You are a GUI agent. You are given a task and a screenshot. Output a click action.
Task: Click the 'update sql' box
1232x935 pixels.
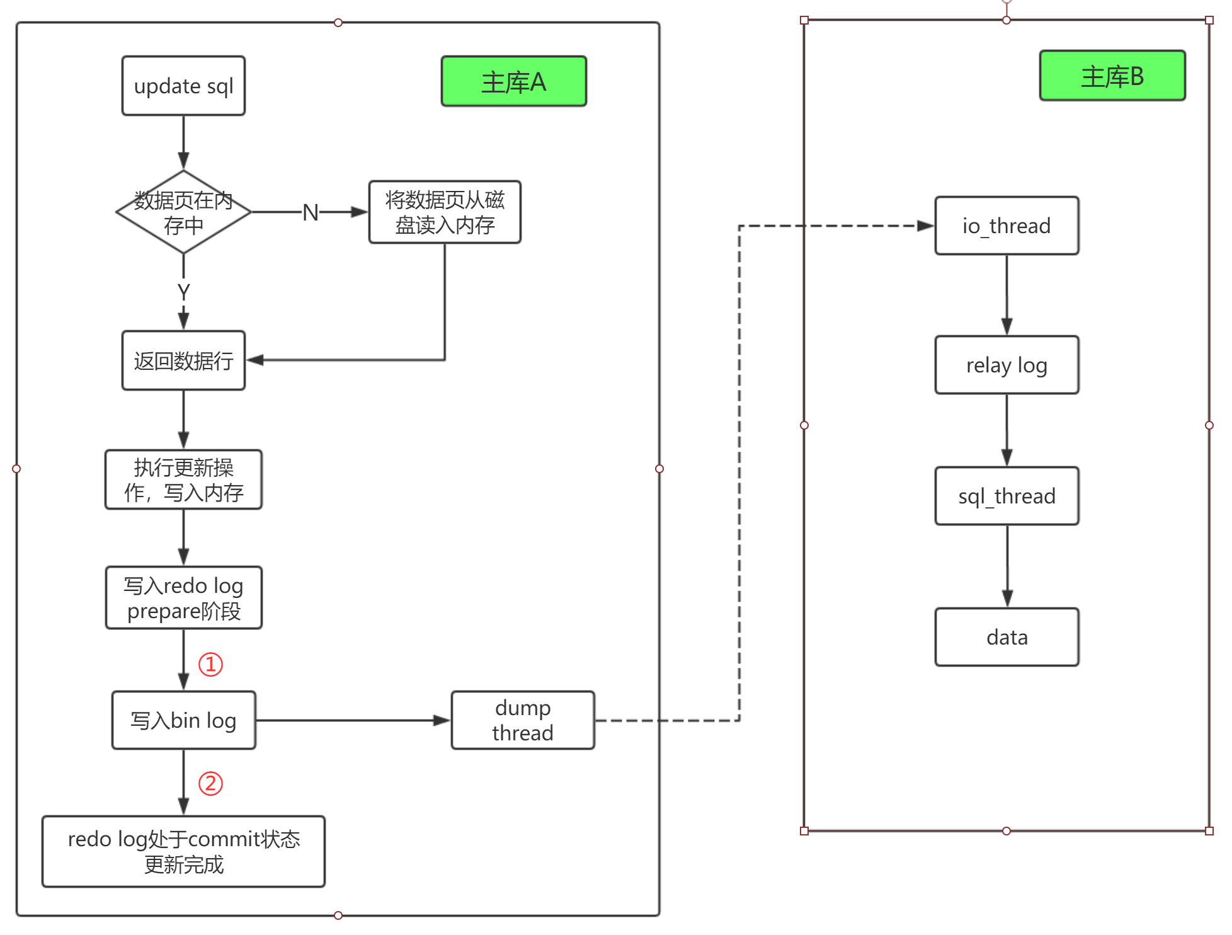click(x=183, y=86)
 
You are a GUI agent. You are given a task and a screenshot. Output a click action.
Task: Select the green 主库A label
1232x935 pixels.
click(x=514, y=81)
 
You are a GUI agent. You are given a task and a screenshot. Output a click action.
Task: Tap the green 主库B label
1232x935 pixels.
click(x=1112, y=76)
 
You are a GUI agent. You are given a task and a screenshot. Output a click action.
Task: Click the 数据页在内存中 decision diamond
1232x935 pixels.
click(x=183, y=212)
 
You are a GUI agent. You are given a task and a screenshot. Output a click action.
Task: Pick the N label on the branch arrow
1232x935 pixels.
click(x=311, y=212)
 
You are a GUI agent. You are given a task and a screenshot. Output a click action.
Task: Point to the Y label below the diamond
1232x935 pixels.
click(x=183, y=292)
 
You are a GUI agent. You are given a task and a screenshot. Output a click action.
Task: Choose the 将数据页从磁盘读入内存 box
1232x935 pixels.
click(x=445, y=212)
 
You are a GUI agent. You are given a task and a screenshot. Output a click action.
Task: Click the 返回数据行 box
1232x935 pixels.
click(x=183, y=361)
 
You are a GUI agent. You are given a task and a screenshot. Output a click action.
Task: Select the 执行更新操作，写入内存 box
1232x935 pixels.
click(x=183, y=479)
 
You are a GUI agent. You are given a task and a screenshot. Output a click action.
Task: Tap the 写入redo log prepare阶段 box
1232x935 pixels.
click(x=183, y=598)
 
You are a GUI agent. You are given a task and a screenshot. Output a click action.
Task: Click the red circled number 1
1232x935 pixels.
click(x=210, y=664)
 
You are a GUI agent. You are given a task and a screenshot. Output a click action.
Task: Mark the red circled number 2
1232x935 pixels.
click(x=210, y=784)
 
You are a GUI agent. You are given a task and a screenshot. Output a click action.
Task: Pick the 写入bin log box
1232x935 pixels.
click(x=183, y=720)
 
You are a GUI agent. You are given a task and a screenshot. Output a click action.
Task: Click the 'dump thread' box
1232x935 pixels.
click(x=523, y=720)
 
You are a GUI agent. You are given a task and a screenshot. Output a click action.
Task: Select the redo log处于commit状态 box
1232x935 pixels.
click(x=183, y=852)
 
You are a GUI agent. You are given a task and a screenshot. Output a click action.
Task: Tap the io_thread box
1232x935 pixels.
click(x=1007, y=226)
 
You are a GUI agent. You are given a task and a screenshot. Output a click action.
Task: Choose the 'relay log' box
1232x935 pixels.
click(x=1007, y=365)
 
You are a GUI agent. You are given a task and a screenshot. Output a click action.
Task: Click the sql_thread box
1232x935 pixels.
click(x=1007, y=496)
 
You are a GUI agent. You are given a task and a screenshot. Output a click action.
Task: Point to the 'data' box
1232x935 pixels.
click(x=1007, y=637)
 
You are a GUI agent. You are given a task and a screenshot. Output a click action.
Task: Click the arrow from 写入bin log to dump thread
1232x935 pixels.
click(x=353, y=720)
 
